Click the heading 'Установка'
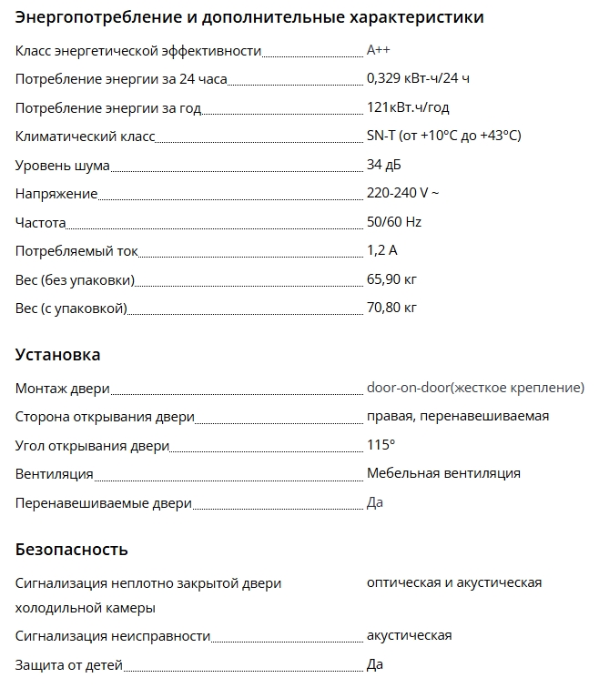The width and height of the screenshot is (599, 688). [58, 354]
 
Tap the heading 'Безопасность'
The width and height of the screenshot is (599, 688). [72, 549]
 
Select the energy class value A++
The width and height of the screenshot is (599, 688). [379, 50]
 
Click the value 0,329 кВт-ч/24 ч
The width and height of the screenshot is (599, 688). [418, 78]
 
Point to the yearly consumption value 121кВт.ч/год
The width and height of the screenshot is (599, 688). [408, 107]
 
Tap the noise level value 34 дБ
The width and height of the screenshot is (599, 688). [383, 165]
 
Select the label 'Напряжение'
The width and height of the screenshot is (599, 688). [56, 194]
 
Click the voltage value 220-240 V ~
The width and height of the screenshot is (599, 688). [402, 193]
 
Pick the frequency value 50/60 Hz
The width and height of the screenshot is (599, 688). [394, 222]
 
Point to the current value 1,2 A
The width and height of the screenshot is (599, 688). [381, 250]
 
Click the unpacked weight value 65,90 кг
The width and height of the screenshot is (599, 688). [391, 278]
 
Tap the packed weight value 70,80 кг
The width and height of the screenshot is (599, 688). [391, 308]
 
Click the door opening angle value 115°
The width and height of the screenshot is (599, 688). [381, 445]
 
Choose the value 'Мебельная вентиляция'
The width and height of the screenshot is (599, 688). [443, 473]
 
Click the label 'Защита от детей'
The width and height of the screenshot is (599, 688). [69, 665]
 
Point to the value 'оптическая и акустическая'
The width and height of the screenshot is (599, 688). [454, 582]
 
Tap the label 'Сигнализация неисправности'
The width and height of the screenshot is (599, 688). [113, 636]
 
